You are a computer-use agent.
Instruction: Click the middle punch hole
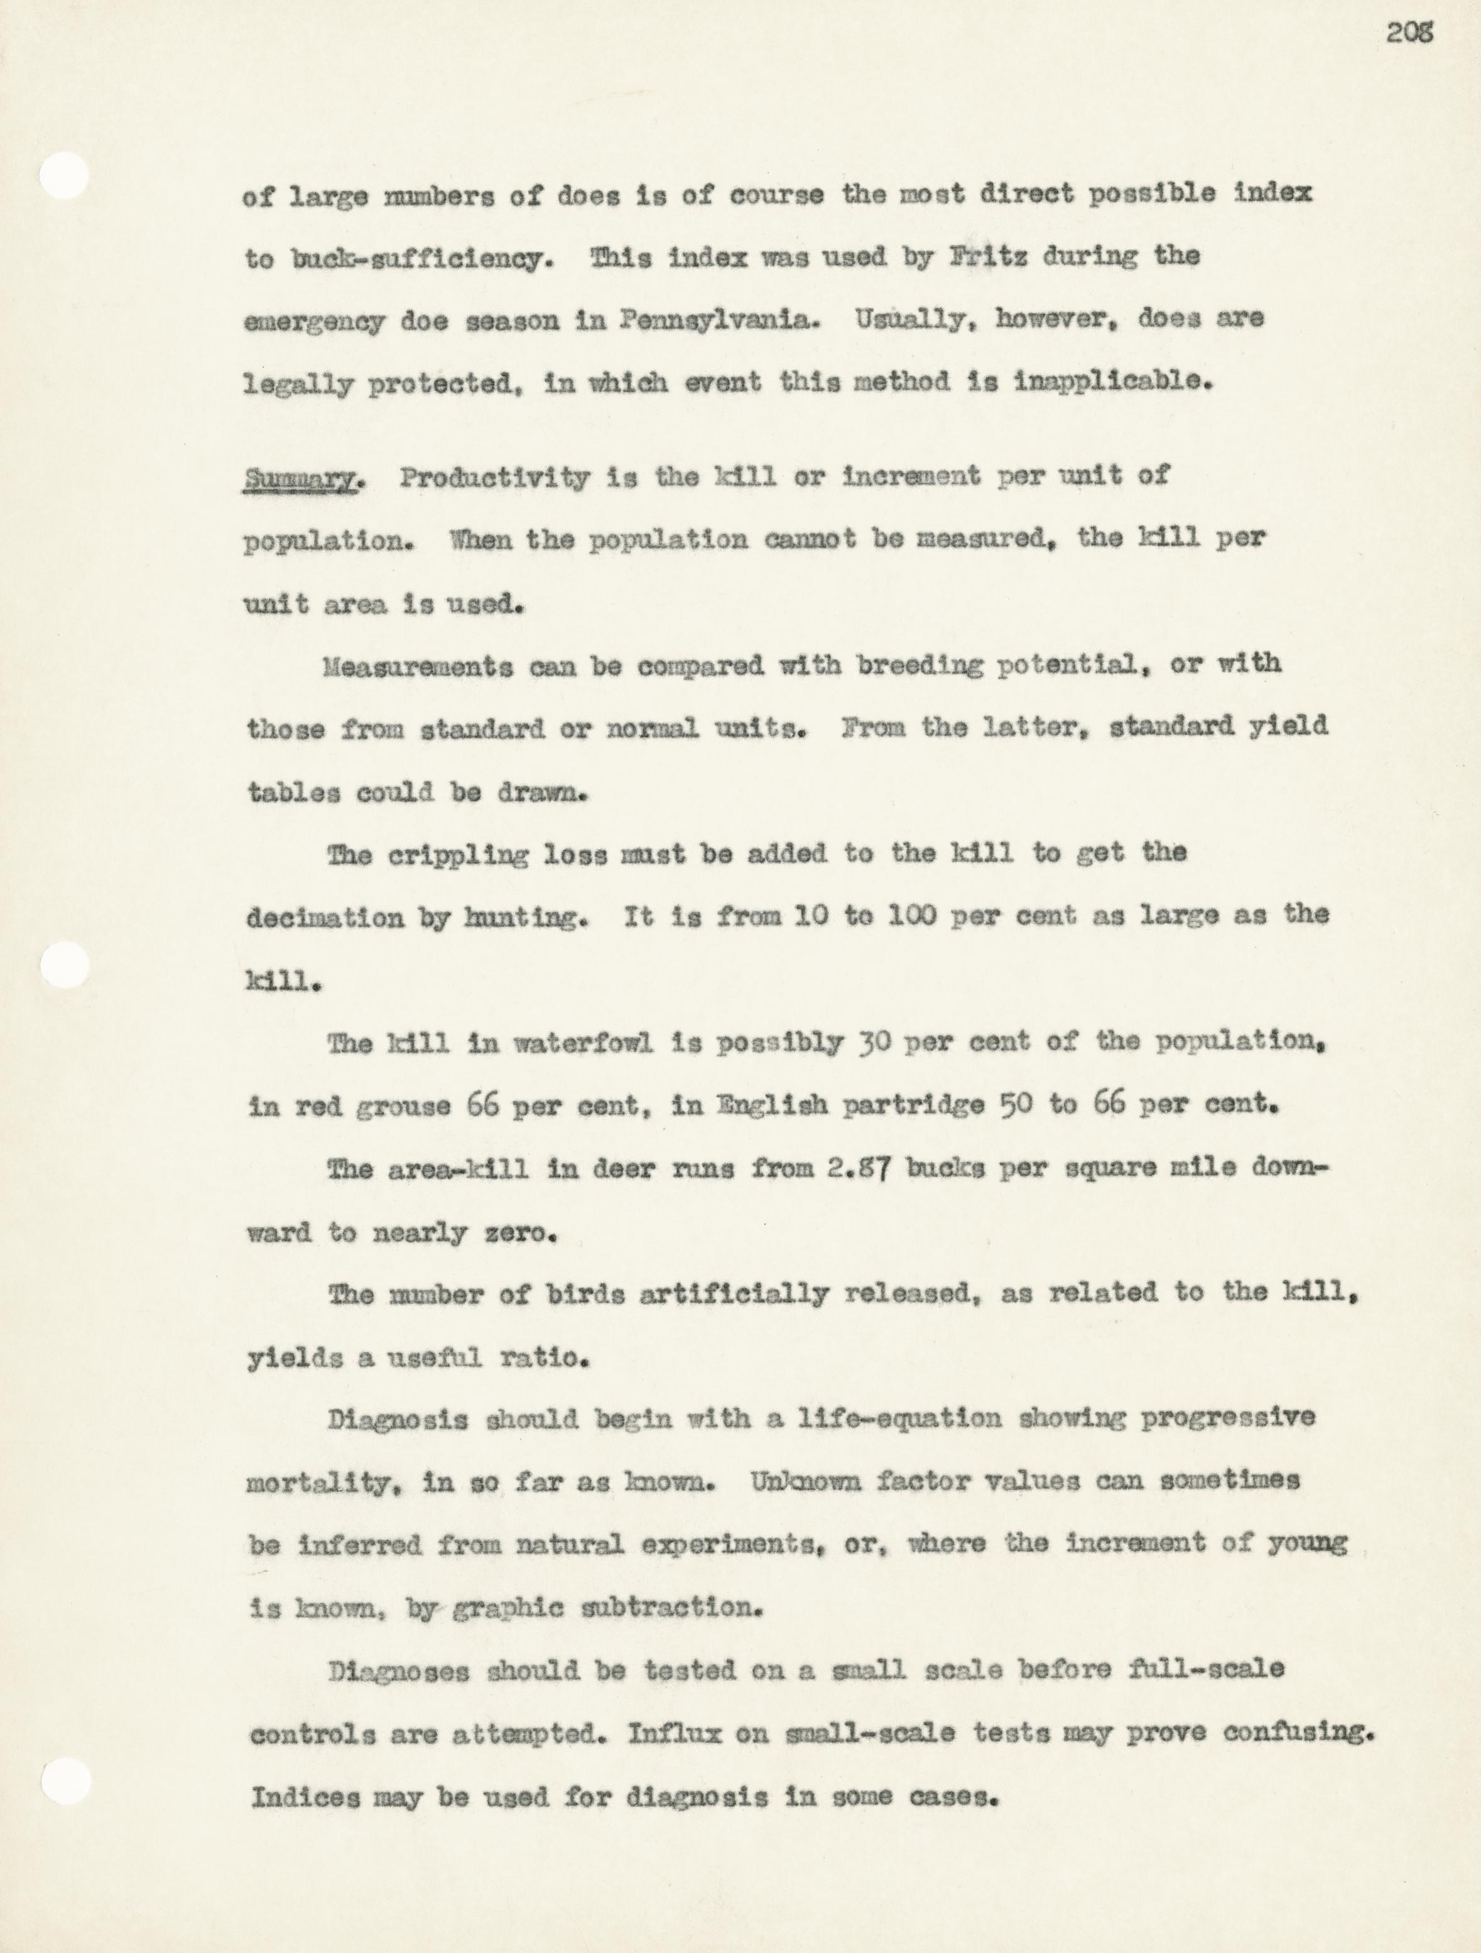[65, 964]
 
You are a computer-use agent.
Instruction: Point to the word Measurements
[418, 667]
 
